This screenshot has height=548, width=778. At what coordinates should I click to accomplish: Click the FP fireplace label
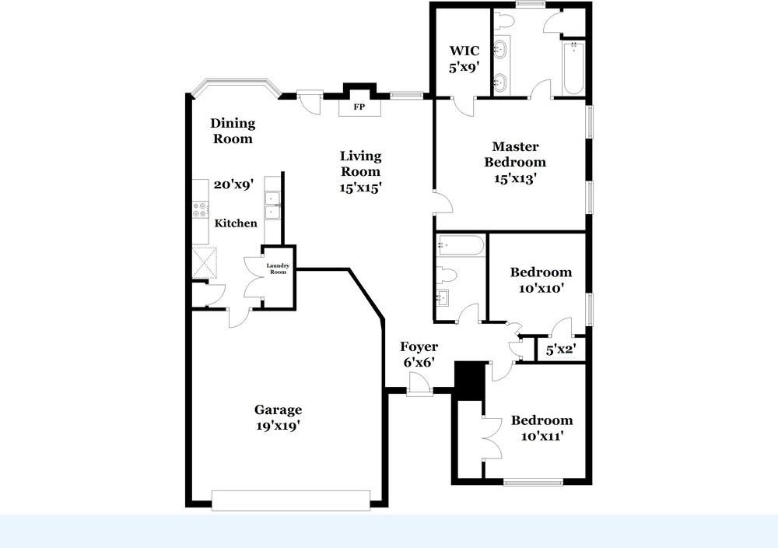point(359,107)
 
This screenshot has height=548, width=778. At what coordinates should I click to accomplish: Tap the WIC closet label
point(464,51)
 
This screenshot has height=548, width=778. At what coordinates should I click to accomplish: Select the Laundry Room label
point(278,269)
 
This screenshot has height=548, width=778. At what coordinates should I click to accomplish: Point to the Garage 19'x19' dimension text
point(278,425)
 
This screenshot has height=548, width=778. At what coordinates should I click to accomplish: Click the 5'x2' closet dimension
point(560,350)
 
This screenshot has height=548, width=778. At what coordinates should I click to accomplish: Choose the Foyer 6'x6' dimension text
point(419,363)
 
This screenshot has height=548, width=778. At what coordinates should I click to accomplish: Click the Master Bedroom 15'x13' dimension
point(516,178)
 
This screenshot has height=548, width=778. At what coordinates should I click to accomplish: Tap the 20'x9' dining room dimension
point(233,184)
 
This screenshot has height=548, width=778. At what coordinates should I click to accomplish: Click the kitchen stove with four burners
point(200,209)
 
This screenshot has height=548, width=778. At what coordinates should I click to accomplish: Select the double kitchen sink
point(272,205)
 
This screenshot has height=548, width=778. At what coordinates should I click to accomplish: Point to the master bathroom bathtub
point(573,68)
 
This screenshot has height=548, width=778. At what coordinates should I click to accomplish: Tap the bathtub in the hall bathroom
point(460,246)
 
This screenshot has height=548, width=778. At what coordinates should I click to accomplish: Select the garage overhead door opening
point(291,501)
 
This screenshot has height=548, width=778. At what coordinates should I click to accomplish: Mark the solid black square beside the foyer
point(471,380)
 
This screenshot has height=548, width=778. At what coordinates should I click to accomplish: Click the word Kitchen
point(236,223)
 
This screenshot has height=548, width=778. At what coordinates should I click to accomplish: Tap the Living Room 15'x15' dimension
point(361,187)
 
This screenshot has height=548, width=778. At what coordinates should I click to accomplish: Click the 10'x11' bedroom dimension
point(541,437)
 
